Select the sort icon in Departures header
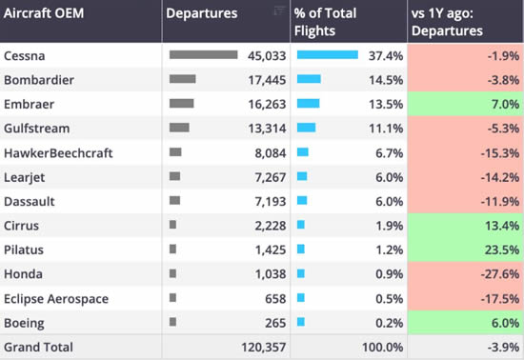coord(278,10)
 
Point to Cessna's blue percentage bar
coord(328,55)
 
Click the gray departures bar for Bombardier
coord(182,79)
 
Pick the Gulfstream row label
coord(37,128)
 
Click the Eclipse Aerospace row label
coord(56,299)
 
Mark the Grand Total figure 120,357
coord(260,348)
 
